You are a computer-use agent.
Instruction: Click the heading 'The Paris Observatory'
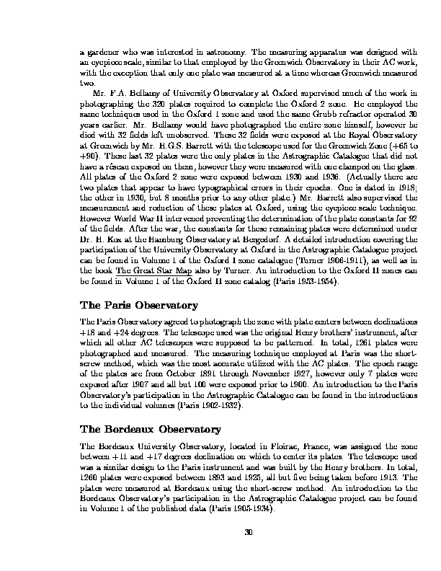[141, 326]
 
